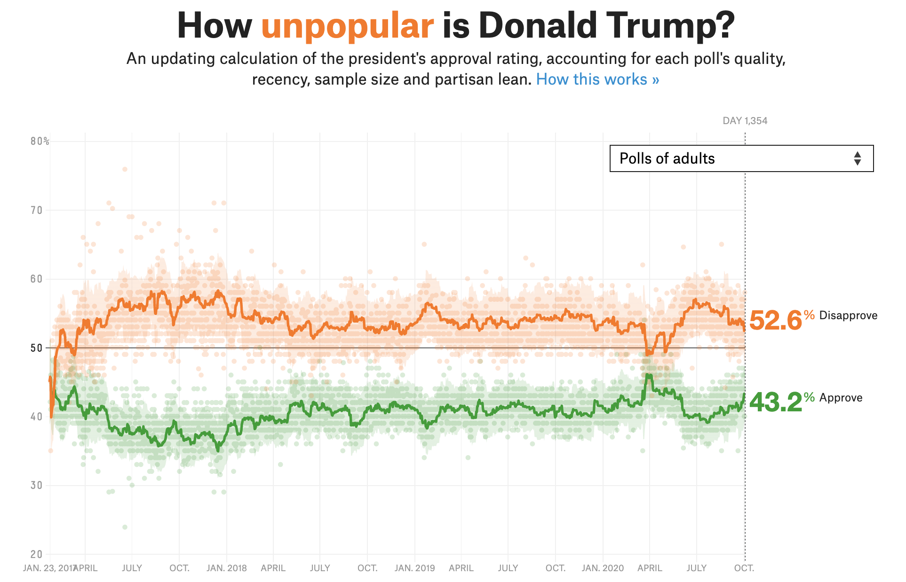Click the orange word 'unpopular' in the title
(x=347, y=26)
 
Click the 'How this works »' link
(x=597, y=79)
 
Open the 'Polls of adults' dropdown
(x=741, y=158)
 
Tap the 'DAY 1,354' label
(x=745, y=121)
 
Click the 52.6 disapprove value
(x=775, y=321)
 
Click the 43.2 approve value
(x=775, y=402)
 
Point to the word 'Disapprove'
(x=848, y=315)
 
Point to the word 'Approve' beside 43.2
(x=841, y=398)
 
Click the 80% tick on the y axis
(x=40, y=142)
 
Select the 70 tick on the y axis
(x=37, y=211)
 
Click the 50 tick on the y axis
(x=37, y=348)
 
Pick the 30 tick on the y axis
(x=37, y=486)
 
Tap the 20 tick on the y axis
(x=37, y=554)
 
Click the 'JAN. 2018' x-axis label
(x=226, y=568)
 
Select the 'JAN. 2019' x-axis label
(x=414, y=568)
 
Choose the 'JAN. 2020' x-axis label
(x=603, y=568)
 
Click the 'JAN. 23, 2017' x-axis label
(x=49, y=568)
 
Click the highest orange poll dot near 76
(x=125, y=169)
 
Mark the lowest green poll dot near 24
(x=125, y=527)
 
